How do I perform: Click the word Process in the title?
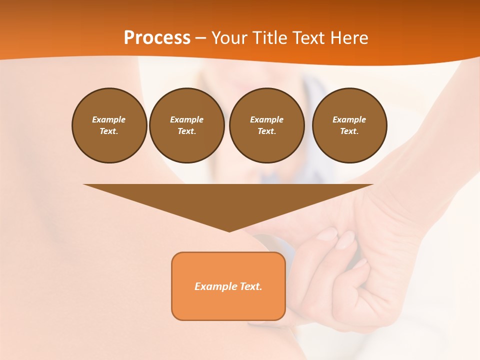[157, 37]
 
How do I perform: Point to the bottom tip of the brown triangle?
[229, 230]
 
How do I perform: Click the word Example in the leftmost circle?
[109, 119]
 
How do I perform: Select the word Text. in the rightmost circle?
[349, 131]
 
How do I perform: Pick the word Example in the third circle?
[266, 119]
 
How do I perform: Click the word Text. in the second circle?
[186, 131]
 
